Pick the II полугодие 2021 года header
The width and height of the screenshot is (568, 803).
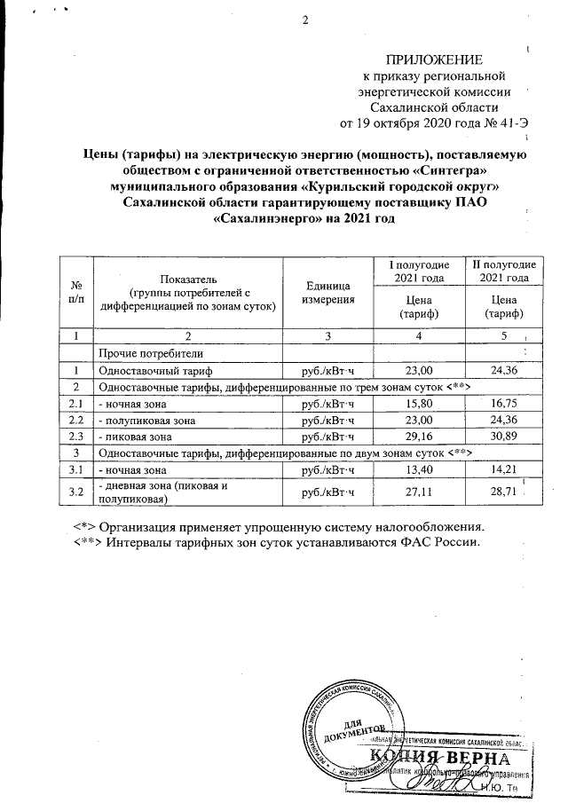(502, 272)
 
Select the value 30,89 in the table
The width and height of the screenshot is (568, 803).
(502, 436)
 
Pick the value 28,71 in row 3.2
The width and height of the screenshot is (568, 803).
(502, 490)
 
